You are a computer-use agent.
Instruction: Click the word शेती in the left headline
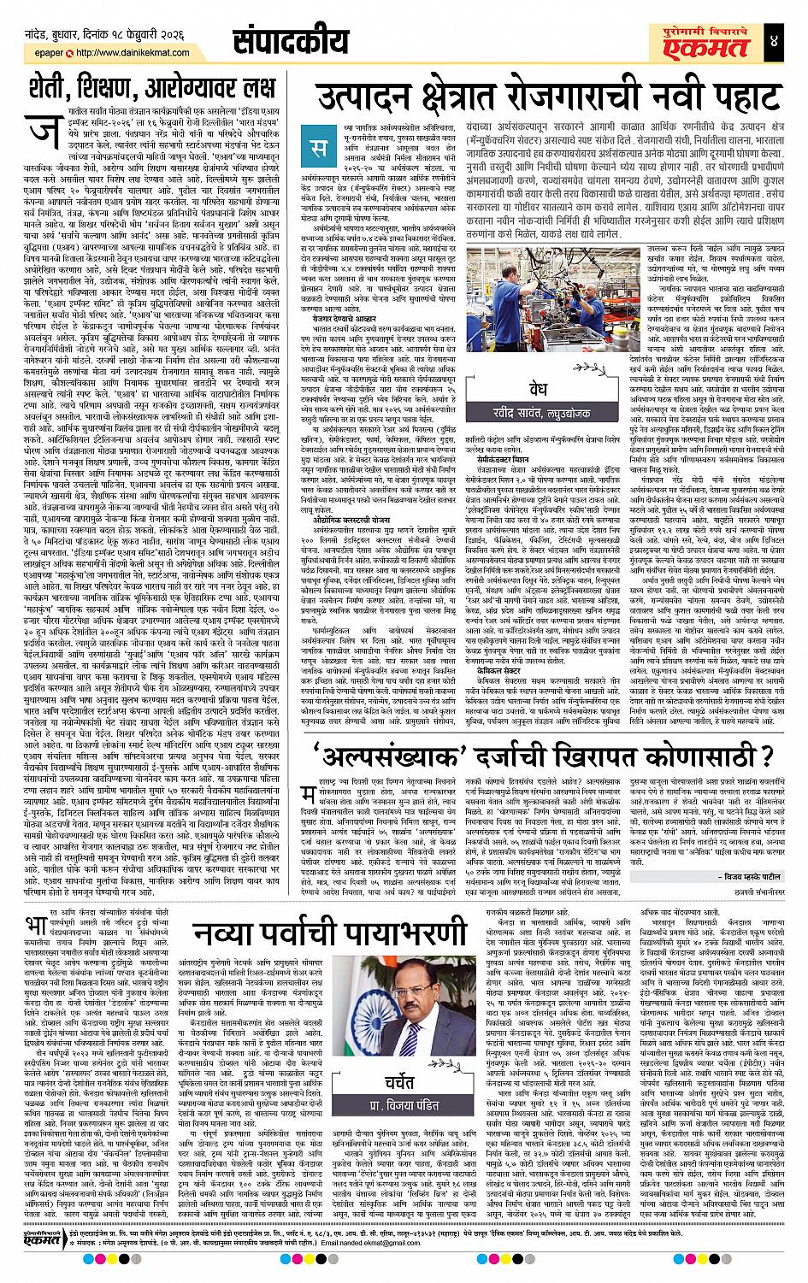pyautogui.click(x=46, y=87)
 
